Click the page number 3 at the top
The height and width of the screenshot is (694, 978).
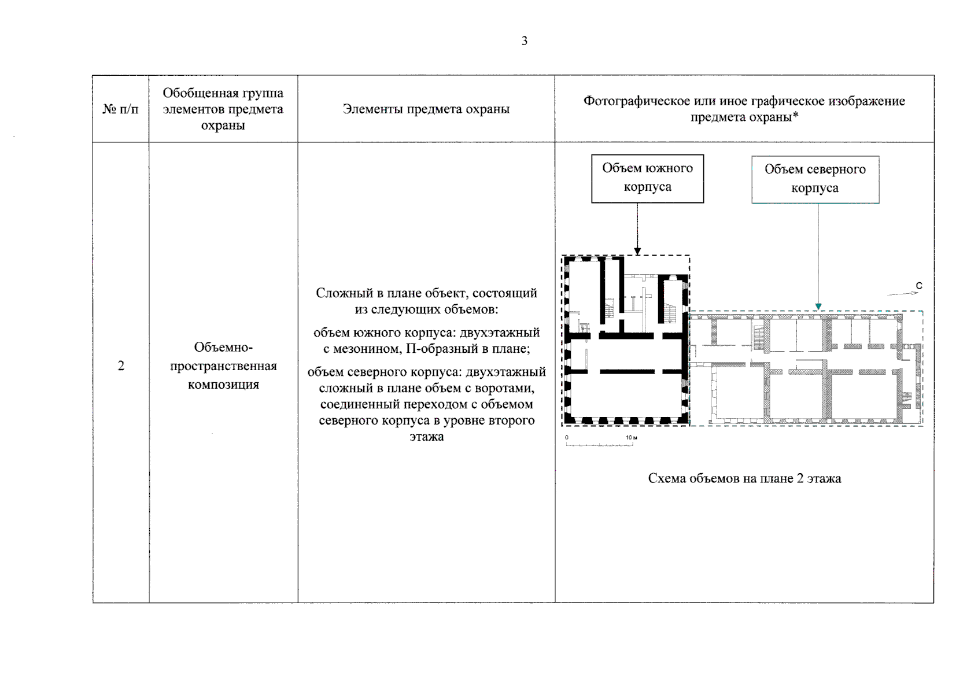524,41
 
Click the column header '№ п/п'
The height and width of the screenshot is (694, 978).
120,109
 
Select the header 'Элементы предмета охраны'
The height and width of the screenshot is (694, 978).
426,109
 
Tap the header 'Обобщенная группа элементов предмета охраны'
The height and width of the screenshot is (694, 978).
223,109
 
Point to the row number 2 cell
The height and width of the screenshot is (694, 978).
121,366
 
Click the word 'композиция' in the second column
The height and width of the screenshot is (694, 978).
223,385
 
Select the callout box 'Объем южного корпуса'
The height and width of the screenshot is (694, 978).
647,178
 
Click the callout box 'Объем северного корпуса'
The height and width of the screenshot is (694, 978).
815,179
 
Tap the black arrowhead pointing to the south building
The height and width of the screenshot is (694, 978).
637,251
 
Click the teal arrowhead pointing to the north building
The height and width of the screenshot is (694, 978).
818,307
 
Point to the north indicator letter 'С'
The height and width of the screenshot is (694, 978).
919,286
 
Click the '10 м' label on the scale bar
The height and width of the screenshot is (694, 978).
631,438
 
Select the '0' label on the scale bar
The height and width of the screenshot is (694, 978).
567,438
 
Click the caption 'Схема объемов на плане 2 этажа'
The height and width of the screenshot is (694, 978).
744,479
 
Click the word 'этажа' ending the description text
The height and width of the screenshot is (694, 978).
426,437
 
